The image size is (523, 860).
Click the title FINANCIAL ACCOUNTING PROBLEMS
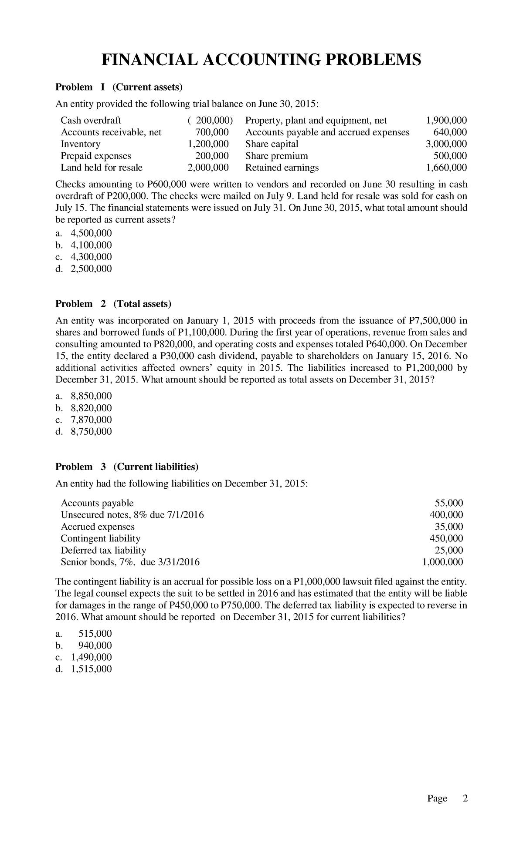[x=261, y=60]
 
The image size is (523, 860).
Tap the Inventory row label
[x=81, y=144]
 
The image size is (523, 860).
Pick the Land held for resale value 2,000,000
[x=208, y=168]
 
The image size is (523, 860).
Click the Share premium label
[x=276, y=156]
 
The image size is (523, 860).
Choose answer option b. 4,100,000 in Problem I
[x=84, y=245]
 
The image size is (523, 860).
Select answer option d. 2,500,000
[x=84, y=269]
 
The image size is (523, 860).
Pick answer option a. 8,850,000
[x=84, y=396]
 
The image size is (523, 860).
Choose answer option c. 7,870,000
[x=84, y=420]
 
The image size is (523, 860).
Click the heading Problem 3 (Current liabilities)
[x=127, y=467]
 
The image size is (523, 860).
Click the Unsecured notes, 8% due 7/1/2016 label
[x=132, y=515]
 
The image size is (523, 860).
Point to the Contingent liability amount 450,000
[x=446, y=538]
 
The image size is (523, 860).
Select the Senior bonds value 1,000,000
[x=443, y=562]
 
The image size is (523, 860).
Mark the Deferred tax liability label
[x=103, y=550]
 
